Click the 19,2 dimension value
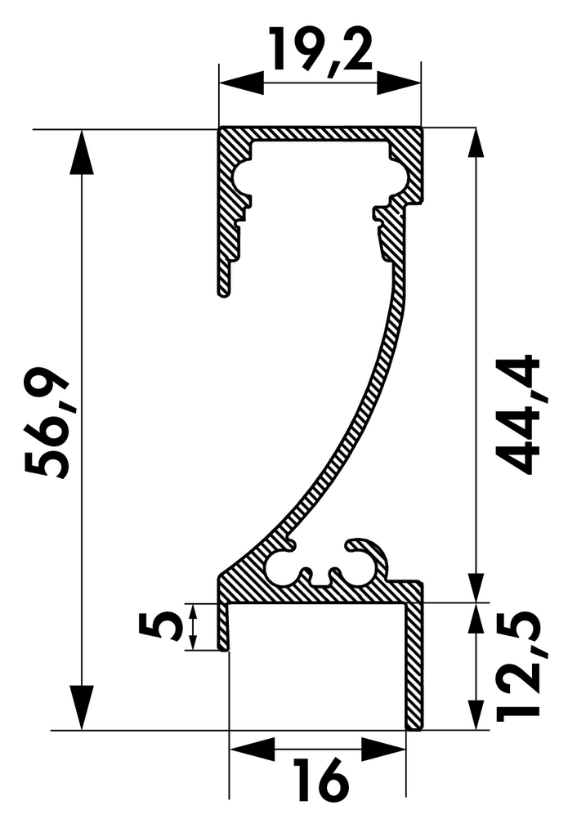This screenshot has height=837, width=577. [x=320, y=51]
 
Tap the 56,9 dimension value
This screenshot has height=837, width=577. [x=47, y=422]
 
